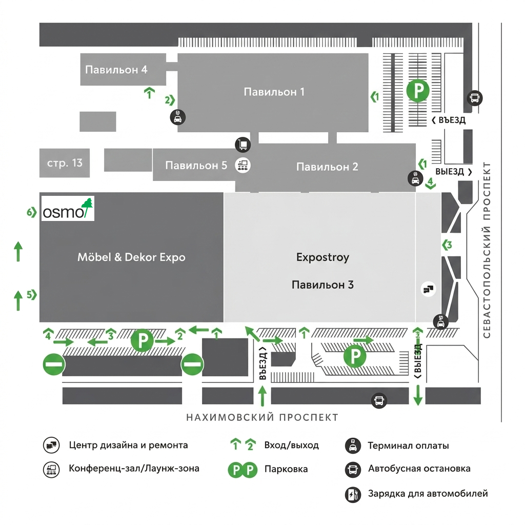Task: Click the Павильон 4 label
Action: pos(116,70)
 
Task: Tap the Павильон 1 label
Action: pos(274,92)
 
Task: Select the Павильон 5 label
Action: pos(196,166)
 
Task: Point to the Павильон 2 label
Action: pos(327,167)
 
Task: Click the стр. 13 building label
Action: pos(65,163)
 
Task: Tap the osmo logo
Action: pos(68,208)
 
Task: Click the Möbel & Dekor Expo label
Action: pos(131,257)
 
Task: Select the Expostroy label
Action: pos(323,257)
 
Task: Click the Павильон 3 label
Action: pos(323,285)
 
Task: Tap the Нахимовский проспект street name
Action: pos(262,417)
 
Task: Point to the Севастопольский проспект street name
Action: pos(487,250)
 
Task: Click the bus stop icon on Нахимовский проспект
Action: pos(379,400)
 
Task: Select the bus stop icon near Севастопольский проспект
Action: pos(475,98)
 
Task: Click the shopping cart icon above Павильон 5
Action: pos(243,145)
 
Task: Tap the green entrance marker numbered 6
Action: pos(31,212)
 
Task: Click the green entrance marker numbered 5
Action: pos(31,295)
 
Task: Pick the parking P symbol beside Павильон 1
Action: pos(418,90)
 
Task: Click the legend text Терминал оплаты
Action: pos(408,446)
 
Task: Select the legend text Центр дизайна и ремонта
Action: pos(128,446)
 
